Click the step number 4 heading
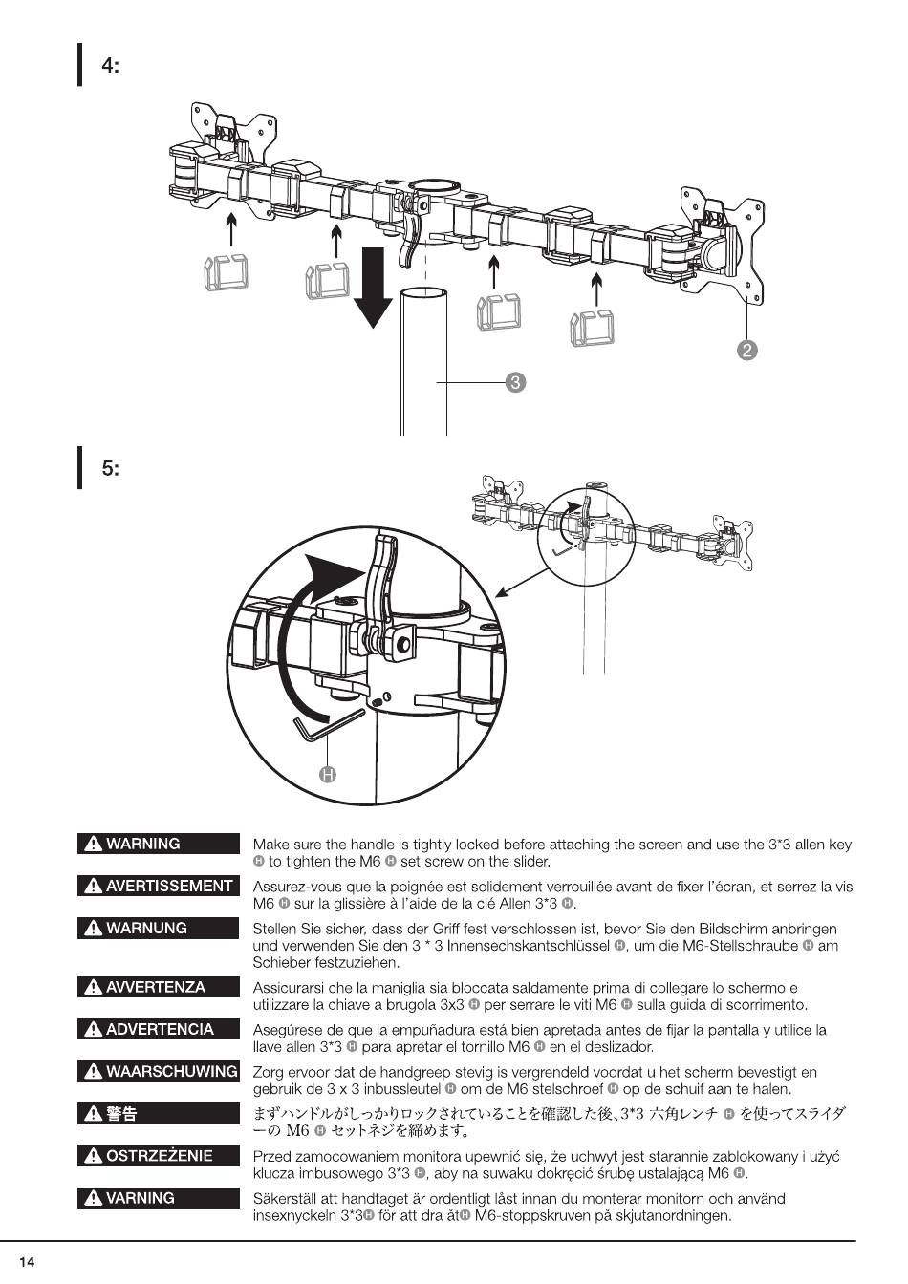point(111,66)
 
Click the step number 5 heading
point(111,469)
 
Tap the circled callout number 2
point(747,350)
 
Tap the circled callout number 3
point(515,383)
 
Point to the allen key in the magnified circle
point(325,725)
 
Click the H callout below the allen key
point(328,774)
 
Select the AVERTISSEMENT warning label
point(159,886)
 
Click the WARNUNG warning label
point(159,928)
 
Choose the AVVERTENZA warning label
point(159,987)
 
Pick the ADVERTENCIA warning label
point(159,1029)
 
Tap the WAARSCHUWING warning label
point(159,1072)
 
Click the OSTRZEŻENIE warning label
point(159,1156)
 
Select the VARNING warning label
point(159,1198)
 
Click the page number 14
point(27,1263)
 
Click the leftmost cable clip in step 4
point(226,273)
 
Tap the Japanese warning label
point(159,1114)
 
